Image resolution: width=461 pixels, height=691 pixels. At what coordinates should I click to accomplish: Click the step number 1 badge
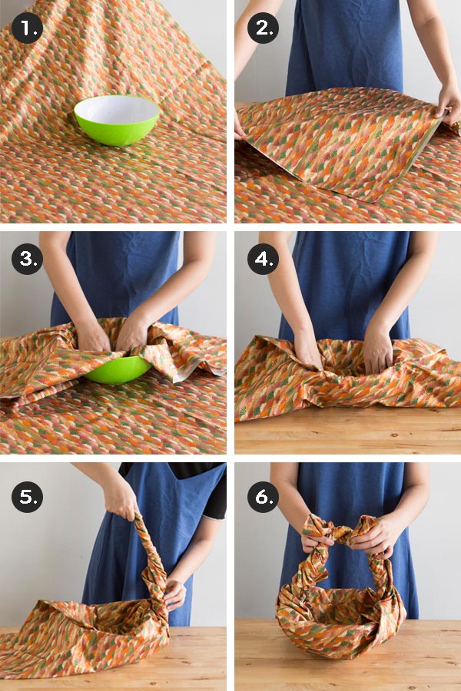pyautogui.click(x=27, y=28)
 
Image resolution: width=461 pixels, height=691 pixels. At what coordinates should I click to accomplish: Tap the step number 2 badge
pyautogui.click(x=263, y=28)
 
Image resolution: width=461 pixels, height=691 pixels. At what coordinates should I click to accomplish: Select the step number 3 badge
pyautogui.click(x=27, y=259)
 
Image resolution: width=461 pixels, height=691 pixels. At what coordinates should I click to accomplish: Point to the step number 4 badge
pyautogui.click(x=263, y=259)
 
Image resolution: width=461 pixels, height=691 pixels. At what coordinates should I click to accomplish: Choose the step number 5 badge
pyautogui.click(x=27, y=497)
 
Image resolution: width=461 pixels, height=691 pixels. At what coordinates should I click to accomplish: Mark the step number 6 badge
pyautogui.click(x=263, y=497)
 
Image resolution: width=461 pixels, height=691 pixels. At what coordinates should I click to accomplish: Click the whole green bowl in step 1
pyautogui.click(x=117, y=121)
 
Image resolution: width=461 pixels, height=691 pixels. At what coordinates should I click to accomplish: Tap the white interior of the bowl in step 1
pyautogui.click(x=117, y=109)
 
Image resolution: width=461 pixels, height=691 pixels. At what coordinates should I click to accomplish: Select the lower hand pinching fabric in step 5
pyautogui.click(x=175, y=595)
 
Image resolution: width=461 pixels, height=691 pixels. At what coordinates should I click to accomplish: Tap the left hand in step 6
pyautogui.click(x=316, y=538)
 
